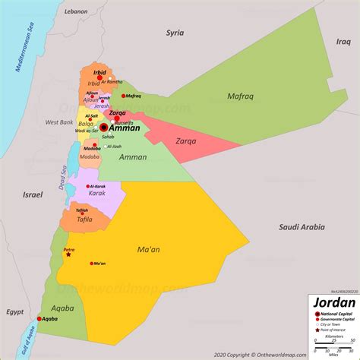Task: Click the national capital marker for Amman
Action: click(x=103, y=128)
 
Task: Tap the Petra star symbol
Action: click(x=68, y=254)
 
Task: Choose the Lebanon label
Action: click(x=75, y=12)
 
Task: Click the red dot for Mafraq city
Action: click(x=123, y=96)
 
